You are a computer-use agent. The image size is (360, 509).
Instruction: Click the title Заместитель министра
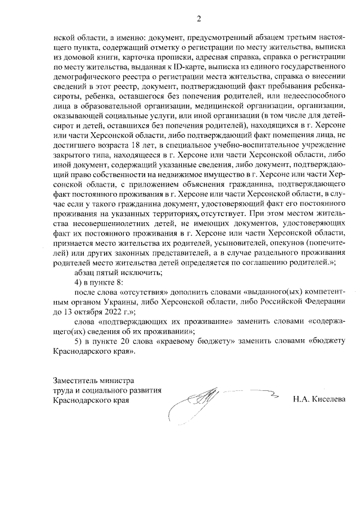click(x=91, y=381)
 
